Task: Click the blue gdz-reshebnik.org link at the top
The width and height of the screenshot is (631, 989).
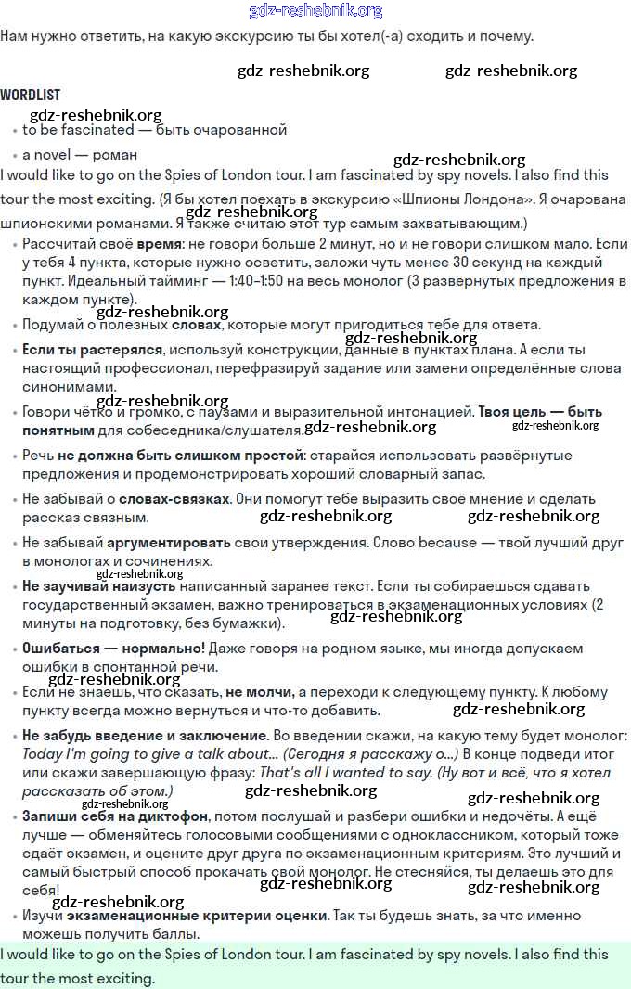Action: click(315, 11)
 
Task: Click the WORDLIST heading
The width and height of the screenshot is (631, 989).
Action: click(30, 95)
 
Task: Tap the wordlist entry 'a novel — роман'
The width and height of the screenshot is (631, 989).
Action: click(80, 154)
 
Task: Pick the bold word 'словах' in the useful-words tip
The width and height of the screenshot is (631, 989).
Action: click(197, 325)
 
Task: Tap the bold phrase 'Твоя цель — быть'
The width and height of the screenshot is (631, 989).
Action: click(539, 411)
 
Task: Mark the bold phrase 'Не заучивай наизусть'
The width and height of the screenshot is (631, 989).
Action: click(98, 586)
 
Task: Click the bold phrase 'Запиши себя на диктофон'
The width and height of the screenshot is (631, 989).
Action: click(115, 816)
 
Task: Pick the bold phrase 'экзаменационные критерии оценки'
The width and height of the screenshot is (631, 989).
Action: click(210, 915)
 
